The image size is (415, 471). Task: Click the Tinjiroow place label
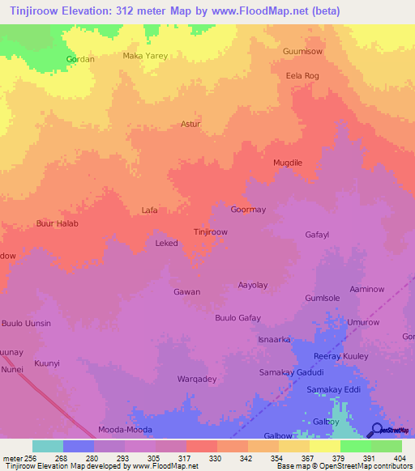pyautogui.click(x=211, y=231)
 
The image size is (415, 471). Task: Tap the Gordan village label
pyautogui.click(x=80, y=60)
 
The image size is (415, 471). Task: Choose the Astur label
pyautogui.click(x=190, y=125)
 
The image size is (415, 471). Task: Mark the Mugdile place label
pyautogui.click(x=288, y=163)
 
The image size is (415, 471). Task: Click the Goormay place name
pyautogui.click(x=248, y=210)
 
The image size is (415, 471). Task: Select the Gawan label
pyautogui.click(x=186, y=291)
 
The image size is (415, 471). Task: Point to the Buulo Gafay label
pyautogui.click(x=237, y=318)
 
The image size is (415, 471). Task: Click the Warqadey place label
pyautogui.click(x=197, y=379)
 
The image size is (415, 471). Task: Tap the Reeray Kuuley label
pyautogui.click(x=340, y=356)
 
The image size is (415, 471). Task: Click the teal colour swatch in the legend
pyautogui.click(x=48, y=446)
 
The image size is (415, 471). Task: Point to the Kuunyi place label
pyautogui.click(x=48, y=364)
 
